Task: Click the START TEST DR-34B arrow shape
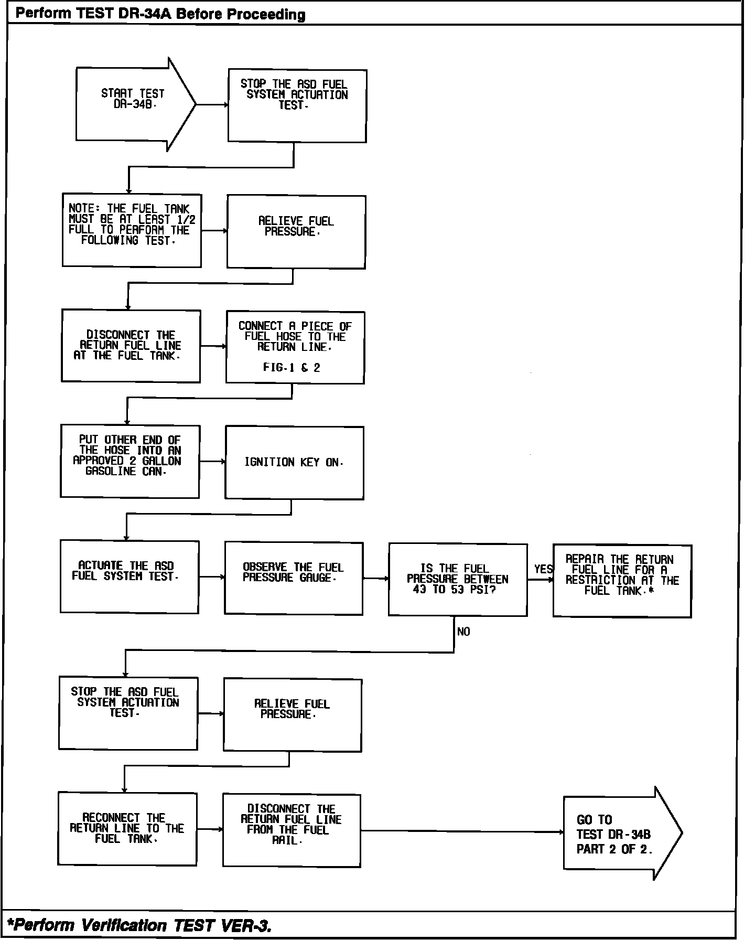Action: [134, 104]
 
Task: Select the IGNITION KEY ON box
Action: [294, 462]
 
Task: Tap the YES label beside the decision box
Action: [543, 569]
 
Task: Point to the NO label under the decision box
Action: [463, 632]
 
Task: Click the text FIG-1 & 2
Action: [292, 368]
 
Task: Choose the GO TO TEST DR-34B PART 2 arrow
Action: [619, 834]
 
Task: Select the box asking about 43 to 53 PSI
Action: [457, 579]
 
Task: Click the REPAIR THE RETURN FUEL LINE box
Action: [622, 581]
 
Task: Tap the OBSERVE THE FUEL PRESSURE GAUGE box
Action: [294, 578]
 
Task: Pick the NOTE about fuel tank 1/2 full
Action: [132, 230]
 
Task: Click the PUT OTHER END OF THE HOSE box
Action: [130, 461]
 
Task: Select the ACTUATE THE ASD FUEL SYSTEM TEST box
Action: [129, 576]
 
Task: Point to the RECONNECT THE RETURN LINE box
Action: [127, 828]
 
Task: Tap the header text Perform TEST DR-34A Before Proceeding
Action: [160, 14]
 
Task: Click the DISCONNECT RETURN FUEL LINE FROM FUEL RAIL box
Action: [292, 830]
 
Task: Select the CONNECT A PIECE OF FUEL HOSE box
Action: [295, 347]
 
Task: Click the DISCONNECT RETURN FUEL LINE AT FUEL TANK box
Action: [131, 346]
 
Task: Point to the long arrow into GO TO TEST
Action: [461, 831]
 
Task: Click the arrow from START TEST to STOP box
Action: [212, 104]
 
